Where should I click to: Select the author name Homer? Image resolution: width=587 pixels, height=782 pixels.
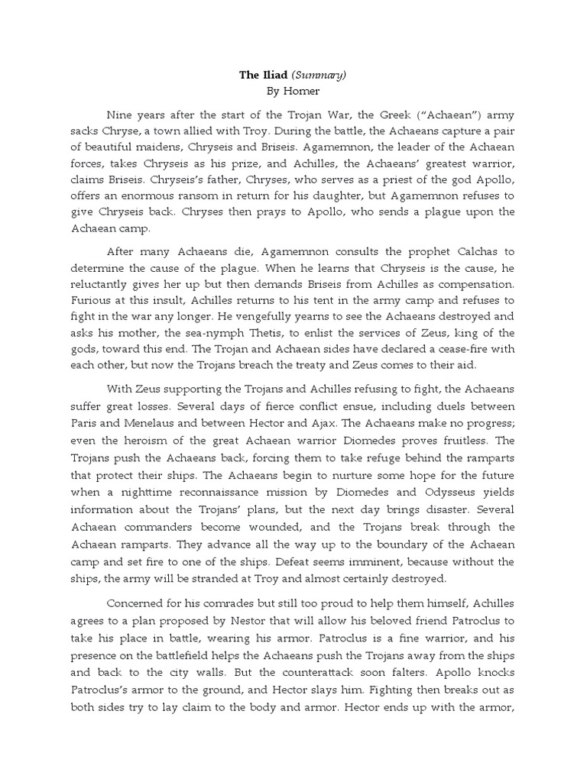[x=300, y=91]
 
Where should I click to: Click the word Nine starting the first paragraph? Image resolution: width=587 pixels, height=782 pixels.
[x=122, y=115]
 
